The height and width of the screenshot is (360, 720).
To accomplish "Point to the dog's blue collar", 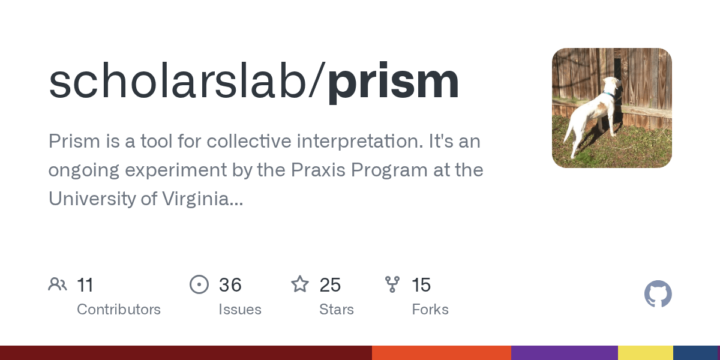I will click(609, 94).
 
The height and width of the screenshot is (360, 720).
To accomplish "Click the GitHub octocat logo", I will click(658, 294).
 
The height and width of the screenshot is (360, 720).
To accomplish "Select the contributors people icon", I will click(58, 284).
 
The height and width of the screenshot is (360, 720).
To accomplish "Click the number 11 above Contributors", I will click(85, 285).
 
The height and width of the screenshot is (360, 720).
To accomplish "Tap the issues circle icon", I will click(199, 284).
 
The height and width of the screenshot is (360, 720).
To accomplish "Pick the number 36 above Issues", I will click(230, 285).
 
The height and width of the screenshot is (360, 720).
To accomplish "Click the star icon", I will click(300, 284).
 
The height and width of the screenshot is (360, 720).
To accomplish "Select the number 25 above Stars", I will click(330, 285).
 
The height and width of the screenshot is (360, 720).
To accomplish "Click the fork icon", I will click(392, 284).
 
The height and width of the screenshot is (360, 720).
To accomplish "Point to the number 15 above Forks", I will click(421, 285).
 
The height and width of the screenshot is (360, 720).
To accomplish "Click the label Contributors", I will click(119, 310).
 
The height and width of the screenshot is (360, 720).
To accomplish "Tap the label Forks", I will click(430, 310).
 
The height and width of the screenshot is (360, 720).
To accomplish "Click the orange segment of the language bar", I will click(441, 353).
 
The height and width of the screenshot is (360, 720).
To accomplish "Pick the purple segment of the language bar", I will click(564, 353).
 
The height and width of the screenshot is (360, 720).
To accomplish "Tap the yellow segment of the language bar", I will click(645, 353).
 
